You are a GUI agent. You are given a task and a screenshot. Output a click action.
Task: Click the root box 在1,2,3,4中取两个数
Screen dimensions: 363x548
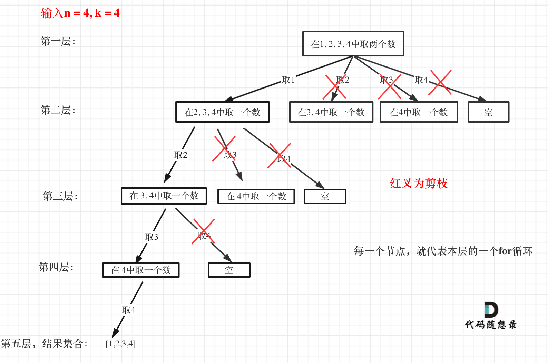pyautogui.click(x=353, y=44)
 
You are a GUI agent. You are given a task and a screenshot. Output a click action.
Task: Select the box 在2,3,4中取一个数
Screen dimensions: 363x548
pyautogui.click(x=223, y=112)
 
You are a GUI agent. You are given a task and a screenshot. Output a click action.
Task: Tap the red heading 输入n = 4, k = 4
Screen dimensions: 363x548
pyautogui.click(x=80, y=13)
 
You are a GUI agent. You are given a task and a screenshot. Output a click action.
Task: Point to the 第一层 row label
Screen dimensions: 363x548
pyautogui.click(x=58, y=41)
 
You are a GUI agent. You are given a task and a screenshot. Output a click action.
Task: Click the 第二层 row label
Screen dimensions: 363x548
pyautogui.click(x=58, y=110)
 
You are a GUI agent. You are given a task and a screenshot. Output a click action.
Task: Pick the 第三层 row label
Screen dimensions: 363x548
pyautogui.click(x=60, y=196)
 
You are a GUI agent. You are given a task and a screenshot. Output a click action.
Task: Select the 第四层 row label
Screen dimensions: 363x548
pyautogui.click(x=56, y=267)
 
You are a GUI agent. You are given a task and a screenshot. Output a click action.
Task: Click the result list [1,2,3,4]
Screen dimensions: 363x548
pyautogui.click(x=120, y=344)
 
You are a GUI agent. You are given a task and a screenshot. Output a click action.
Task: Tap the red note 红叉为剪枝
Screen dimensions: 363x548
pyautogui.click(x=419, y=183)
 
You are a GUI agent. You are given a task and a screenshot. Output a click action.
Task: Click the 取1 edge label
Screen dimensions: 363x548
pyautogui.click(x=288, y=80)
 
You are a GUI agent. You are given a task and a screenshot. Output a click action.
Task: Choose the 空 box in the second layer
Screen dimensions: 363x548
pyautogui.click(x=488, y=112)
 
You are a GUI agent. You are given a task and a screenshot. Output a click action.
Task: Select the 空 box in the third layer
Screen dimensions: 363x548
pyautogui.click(x=325, y=196)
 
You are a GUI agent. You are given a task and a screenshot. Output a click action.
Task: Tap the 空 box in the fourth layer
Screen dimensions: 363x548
pyautogui.click(x=229, y=270)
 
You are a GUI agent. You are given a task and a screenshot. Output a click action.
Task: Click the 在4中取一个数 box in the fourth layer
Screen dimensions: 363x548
pyautogui.click(x=141, y=270)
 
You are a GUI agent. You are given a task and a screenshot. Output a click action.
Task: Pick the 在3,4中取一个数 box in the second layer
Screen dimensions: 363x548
pyautogui.click(x=331, y=112)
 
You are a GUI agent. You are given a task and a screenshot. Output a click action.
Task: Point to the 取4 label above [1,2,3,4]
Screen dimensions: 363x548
pyautogui.click(x=129, y=310)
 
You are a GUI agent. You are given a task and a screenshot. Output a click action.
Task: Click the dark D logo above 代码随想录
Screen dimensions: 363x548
pyautogui.click(x=491, y=310)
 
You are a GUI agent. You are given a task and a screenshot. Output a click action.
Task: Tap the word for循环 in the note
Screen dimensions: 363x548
pyautogui.click(x=516, y=251)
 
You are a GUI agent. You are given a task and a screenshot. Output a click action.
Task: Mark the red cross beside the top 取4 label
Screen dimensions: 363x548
pyautogui.click(x=440, y=83)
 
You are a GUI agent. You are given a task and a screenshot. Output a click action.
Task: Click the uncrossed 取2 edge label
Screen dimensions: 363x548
pyautogui.click(x=181, y=155)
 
